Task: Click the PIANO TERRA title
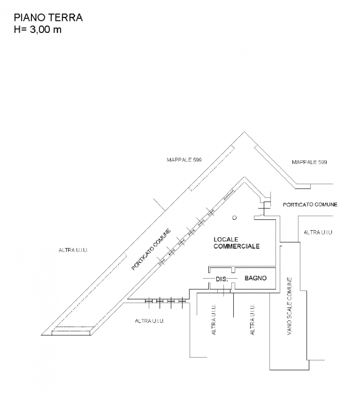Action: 48,18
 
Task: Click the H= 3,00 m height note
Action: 38,29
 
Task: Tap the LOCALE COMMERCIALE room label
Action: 237,243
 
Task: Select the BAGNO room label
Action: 256,278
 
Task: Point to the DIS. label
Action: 222,279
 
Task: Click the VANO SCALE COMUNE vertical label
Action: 289,306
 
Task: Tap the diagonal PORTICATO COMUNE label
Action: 151,250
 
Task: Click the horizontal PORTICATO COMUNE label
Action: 310,204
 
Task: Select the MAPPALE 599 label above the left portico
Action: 184,160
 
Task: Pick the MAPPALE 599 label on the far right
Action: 309,162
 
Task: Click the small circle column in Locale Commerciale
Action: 235,217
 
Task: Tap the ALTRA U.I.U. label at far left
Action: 73,250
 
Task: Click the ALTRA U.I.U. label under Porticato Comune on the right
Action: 318,232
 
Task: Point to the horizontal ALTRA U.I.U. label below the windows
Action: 150,321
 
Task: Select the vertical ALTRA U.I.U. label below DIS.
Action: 214,319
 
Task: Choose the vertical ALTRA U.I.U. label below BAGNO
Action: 253,319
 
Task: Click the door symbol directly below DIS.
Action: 224,291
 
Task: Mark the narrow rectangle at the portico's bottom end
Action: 71,333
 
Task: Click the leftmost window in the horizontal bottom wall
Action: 149,301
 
